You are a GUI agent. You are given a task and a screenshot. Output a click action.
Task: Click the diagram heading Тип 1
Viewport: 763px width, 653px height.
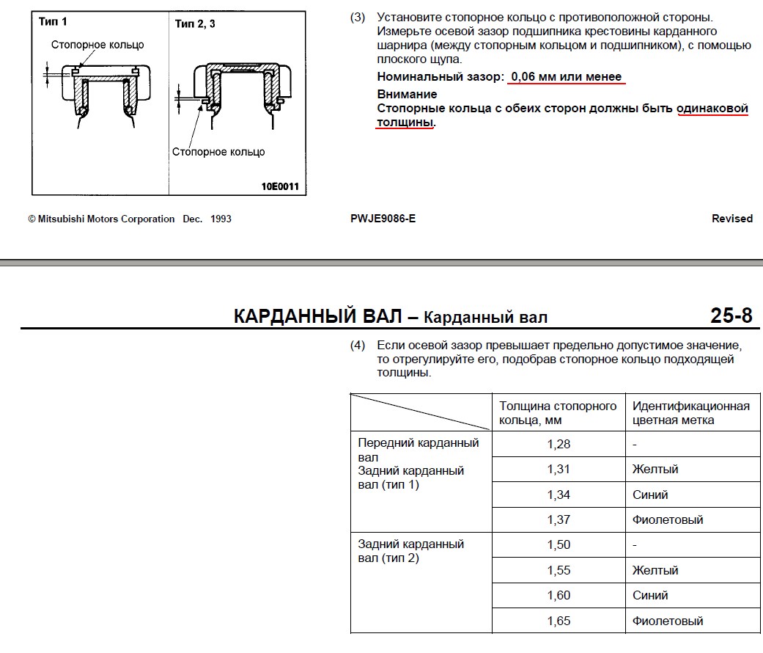click(53, 22)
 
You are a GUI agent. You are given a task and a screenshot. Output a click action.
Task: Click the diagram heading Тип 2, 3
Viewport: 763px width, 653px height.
click(195, 24)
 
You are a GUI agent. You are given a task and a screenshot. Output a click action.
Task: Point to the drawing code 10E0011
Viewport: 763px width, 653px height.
click(280, 186)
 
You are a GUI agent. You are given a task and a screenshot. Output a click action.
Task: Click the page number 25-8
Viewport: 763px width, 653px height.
click(731, 315)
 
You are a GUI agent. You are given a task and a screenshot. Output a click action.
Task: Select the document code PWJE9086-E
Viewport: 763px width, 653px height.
click(383, 219)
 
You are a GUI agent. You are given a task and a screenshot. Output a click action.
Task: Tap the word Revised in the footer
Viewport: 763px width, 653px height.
click(731, 219)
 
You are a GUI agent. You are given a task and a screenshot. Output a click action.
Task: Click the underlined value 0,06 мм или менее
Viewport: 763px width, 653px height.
click(566, 77)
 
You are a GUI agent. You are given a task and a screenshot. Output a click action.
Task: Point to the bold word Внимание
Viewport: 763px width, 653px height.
click(407, 94)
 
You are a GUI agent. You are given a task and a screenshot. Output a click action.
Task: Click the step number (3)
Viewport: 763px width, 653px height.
click(358, 17)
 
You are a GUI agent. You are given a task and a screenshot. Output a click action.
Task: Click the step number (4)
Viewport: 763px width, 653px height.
click(358, 345)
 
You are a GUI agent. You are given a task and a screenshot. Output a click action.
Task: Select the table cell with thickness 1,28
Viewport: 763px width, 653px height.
click(559, 444)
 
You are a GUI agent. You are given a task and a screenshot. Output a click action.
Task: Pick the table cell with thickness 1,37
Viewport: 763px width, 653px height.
click(559, 519)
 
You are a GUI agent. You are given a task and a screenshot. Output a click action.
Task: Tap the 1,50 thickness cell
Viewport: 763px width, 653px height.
click(559, 545)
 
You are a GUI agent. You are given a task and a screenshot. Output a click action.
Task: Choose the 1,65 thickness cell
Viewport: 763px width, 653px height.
click(559, 621)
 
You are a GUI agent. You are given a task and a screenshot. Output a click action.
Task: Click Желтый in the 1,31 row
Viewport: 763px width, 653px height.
click(655, 469)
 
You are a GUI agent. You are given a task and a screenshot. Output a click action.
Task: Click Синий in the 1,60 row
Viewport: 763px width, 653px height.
click(650, 595)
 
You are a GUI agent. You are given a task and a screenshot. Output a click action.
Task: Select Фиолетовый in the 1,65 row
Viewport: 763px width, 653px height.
click(668, 621)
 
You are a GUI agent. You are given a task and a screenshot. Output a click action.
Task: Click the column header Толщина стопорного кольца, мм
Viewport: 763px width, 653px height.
click(558, 413)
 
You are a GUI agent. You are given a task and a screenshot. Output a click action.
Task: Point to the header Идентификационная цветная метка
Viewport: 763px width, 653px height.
click(690, 413)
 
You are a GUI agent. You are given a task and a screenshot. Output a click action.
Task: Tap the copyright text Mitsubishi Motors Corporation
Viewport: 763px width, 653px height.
click(106, 219)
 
